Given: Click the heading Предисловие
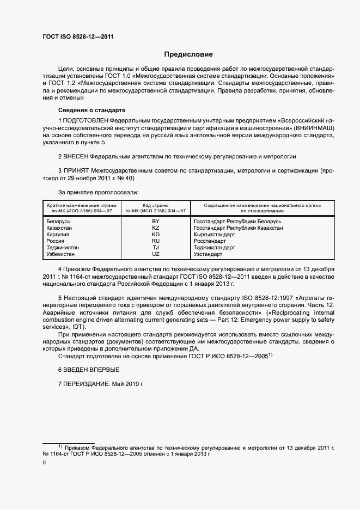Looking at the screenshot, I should pos(189,54).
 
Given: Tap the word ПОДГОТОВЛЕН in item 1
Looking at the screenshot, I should pos(86,119).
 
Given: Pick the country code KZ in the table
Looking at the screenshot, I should pos(156,229).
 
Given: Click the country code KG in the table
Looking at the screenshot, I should pos(156,235).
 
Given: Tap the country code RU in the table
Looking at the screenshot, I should pos(156,241).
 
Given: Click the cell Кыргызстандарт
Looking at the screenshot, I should pos(215,235).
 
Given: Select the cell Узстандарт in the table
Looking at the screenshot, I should pos(208,254).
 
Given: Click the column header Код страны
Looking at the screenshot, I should pos(156,205).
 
